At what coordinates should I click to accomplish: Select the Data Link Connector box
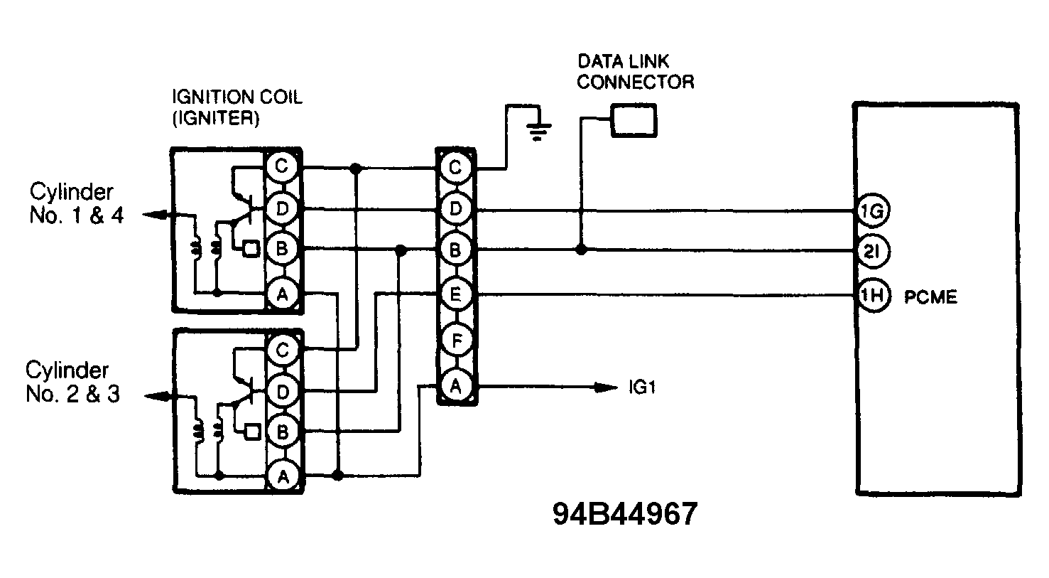[634, 122]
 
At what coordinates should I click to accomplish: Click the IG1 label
[641, 388]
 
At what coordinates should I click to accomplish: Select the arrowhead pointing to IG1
[607, 387]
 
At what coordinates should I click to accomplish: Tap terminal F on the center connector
[456, 341]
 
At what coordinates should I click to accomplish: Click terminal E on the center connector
[456, 294]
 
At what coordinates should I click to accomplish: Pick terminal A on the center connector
[456, 387]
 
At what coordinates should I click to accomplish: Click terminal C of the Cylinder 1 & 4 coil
[282, 168]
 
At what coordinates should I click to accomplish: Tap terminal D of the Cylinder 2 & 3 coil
[282, 391]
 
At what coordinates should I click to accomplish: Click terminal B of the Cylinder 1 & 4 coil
[282, 250]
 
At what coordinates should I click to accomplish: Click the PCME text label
[930, 296]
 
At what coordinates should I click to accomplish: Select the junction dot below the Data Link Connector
[581, 250]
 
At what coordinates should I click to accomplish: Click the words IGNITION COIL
[237, 97]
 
